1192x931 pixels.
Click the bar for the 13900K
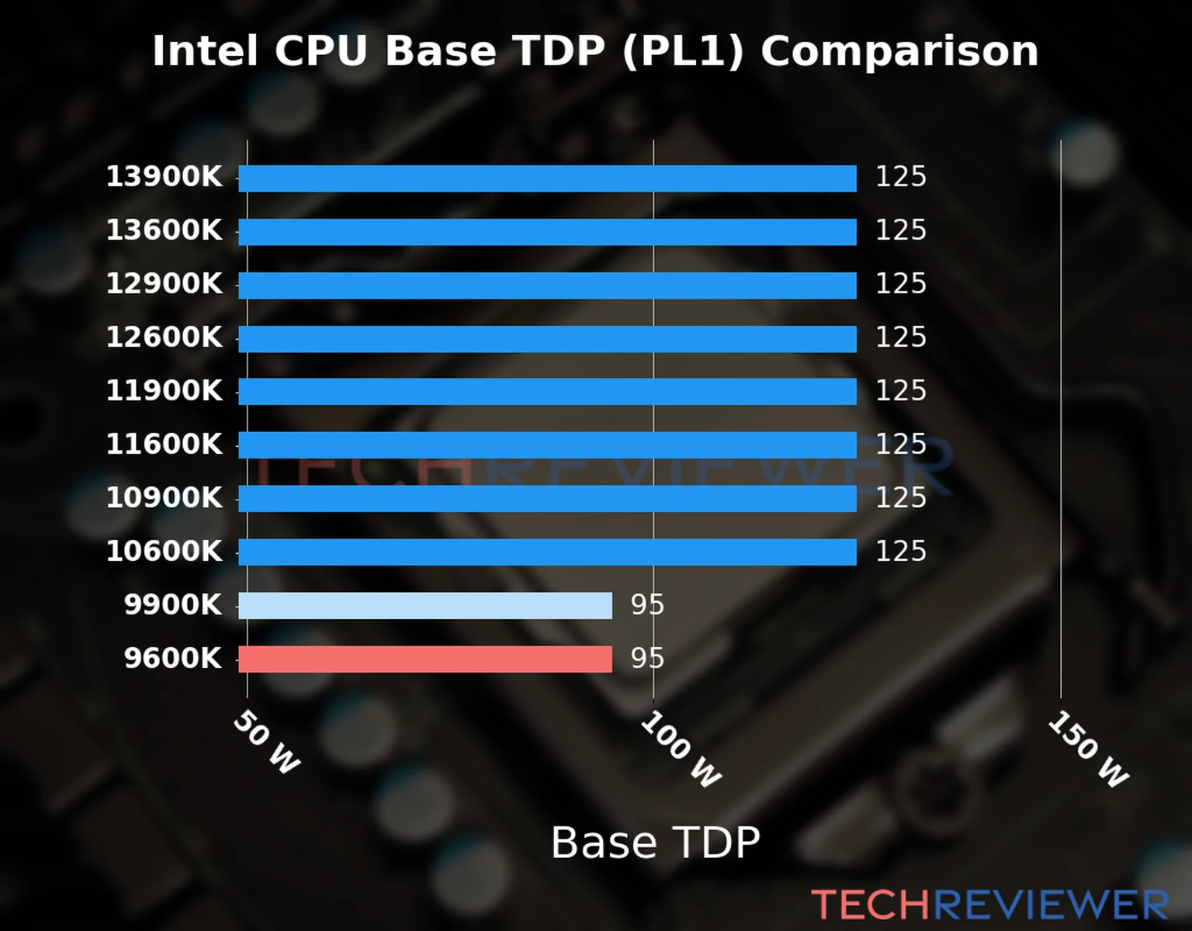[547, 178]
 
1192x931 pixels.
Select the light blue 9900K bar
[425, 606]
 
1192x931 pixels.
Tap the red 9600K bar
[425, 659]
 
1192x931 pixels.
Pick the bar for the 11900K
[547, 392]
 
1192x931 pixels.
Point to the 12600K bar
[547, 339]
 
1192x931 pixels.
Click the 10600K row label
[164, 552]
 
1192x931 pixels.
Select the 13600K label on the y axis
[164, 230]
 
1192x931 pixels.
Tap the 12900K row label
[164, 284]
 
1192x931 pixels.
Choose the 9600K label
[172, 659]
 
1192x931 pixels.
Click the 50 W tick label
[266, 742]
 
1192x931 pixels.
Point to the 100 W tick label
[681, 749]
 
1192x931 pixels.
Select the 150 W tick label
[1088, 749]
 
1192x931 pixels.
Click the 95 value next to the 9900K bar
[647, 605]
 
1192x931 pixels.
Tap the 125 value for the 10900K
[900, 498]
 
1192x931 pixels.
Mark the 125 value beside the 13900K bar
[900, 177]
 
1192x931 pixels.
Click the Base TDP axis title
[655, 843]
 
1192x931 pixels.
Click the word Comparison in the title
[899, 52]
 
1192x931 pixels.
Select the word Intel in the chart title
[204, 52]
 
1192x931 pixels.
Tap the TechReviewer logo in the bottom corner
[989, 905]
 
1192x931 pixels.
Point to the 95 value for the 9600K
[647, 659]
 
